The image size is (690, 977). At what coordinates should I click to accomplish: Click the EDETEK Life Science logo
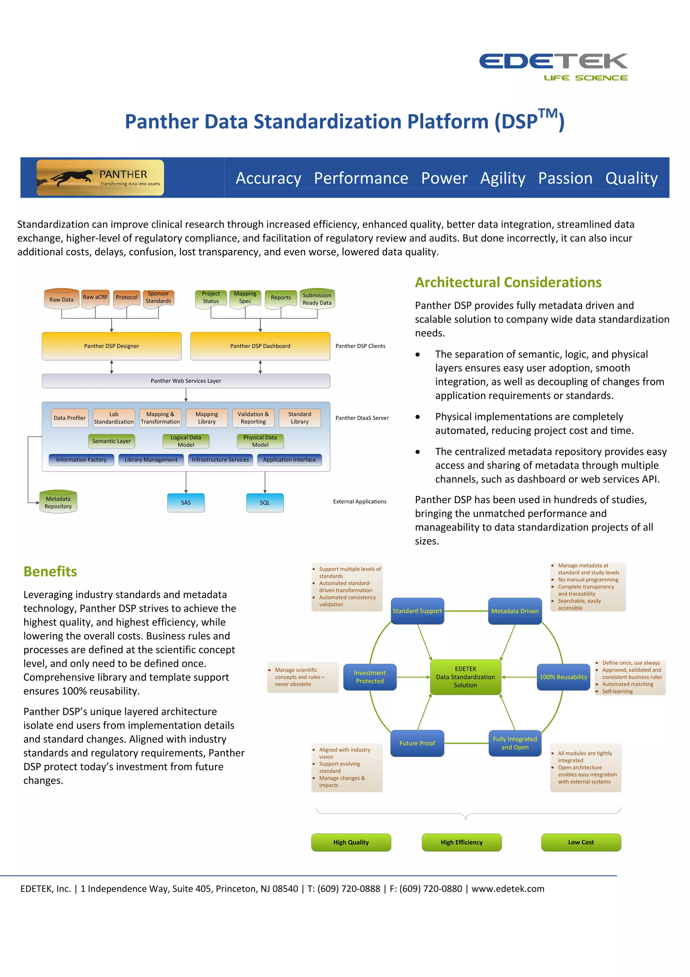[553, 66]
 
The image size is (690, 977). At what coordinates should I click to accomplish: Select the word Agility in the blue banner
[503, 178]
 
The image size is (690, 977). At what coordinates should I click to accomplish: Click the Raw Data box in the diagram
[61, 299]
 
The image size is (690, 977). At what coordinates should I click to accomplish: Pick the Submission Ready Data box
[317, 299]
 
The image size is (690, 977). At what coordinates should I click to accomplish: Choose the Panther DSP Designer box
[112, 346]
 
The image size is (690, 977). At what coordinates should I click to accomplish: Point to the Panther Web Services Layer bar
[186, 381]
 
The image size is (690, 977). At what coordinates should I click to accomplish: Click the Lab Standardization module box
[114, 418]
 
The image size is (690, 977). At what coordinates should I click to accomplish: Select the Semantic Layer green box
[112, 441]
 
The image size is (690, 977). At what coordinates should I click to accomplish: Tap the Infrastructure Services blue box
[220, 460]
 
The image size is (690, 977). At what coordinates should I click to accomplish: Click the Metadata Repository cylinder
[58, 502]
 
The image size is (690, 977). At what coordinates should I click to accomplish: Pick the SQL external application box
[265, 502]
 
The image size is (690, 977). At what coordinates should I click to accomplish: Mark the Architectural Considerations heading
[508, 283]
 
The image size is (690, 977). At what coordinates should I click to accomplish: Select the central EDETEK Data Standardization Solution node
[466, 677]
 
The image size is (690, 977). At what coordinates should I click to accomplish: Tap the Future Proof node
[417, 743]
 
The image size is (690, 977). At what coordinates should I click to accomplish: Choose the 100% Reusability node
[563, 677]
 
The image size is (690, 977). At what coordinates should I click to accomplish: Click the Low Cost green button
[581, 842]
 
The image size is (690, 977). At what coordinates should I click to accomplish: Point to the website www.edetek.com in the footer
[508, 889]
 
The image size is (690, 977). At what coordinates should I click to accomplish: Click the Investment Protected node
[370, 677]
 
